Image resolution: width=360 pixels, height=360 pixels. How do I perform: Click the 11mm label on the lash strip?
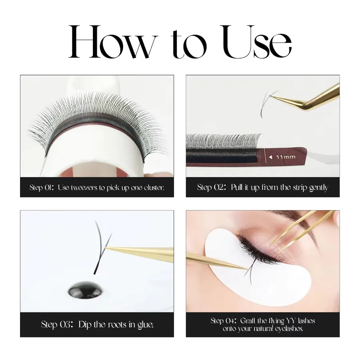click(286, 157)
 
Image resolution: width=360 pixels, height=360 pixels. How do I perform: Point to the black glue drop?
click(86, 291)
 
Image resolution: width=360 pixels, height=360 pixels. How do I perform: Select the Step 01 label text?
click(42, 188)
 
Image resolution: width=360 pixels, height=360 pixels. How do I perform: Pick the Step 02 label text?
click(211, 188)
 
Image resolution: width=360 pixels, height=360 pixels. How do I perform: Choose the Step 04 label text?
click(224, 320)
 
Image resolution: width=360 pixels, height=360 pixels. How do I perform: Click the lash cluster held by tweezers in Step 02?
click(268, 103)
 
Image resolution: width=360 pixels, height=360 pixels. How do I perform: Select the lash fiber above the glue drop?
click(102, 248)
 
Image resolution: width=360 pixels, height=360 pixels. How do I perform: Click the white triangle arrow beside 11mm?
click(271, 157)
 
